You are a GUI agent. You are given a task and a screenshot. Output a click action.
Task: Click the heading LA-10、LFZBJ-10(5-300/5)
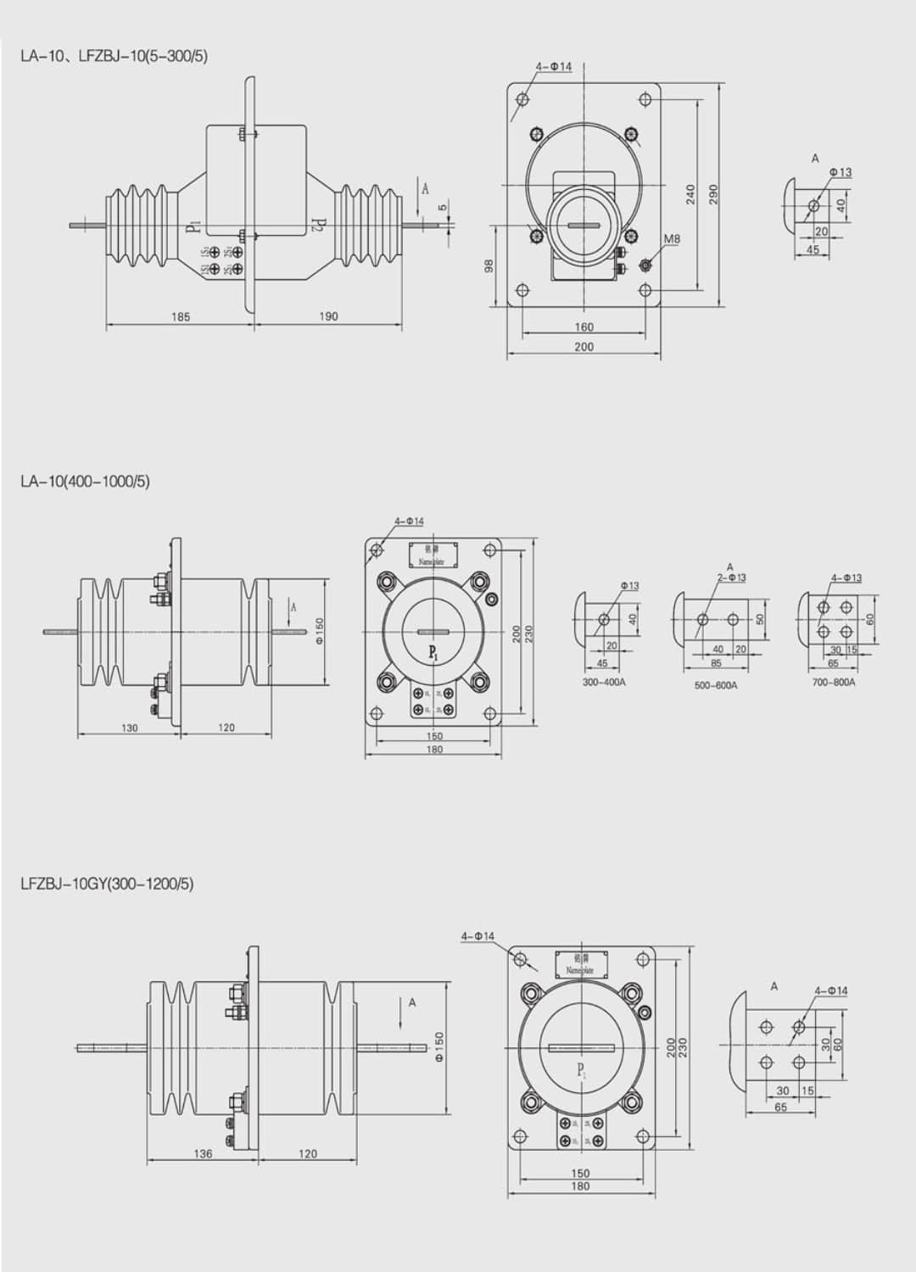[x=114, y=56]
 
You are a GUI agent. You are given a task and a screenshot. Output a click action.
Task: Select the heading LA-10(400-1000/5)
[x=85, y=482]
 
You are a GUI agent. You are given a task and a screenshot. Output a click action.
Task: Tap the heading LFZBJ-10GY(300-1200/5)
[x=107, y=884]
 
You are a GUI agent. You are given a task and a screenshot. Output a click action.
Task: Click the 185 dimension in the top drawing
[x=180, y=317]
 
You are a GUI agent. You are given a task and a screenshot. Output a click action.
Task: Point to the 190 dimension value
[x=328, y=316]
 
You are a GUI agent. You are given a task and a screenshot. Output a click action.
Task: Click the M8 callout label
[x=671, y=239]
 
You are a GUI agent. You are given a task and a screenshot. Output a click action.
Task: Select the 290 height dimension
[x=713, y=194]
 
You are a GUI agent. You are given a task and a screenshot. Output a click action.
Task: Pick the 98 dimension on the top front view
[x=489, y=266]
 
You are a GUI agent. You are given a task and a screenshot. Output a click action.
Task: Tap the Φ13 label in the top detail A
[x=840, y=172]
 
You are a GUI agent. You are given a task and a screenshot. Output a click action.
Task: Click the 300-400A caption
[x=604, y=682]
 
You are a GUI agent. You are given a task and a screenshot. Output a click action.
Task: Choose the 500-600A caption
[x=716, y=685]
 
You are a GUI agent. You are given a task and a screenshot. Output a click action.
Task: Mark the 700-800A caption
[x=833, y=682]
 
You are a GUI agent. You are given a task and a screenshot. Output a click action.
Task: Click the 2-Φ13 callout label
[x=731, y=577]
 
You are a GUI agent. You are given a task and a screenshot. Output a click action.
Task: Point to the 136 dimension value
[x=204, y=1153]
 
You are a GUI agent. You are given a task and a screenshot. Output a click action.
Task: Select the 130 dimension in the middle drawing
[x=129, y=728]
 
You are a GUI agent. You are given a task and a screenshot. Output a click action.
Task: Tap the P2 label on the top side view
[x=318, y=225]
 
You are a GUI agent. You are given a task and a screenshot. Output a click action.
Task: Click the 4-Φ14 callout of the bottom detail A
[x=830, y=990]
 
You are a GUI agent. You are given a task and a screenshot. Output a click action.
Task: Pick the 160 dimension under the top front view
[x=584, y=326]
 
